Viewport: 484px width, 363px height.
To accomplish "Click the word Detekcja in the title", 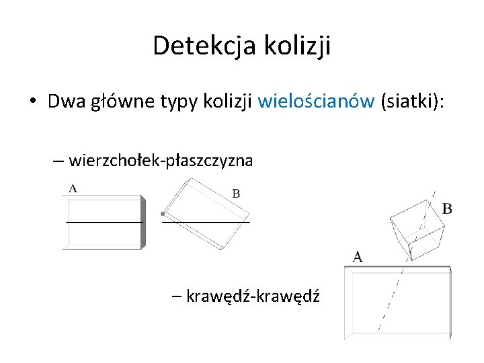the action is click(196, 46).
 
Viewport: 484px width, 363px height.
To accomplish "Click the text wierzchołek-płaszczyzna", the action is click(161, 161).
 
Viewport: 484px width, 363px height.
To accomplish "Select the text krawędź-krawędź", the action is click(253, 296).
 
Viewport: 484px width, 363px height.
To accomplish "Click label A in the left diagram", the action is click(73, 188).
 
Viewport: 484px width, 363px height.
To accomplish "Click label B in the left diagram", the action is click(236, 194).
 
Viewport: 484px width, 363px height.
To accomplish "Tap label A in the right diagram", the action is click(357, 256).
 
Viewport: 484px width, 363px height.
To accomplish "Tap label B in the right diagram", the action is click(447, 208).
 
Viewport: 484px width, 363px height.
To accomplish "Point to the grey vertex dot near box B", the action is click(163, 214).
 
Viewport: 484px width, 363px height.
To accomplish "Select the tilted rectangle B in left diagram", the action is click(204, 214).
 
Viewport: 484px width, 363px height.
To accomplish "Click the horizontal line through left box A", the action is click(104, 220).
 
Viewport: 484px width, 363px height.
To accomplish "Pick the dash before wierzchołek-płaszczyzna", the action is click(58, 161).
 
